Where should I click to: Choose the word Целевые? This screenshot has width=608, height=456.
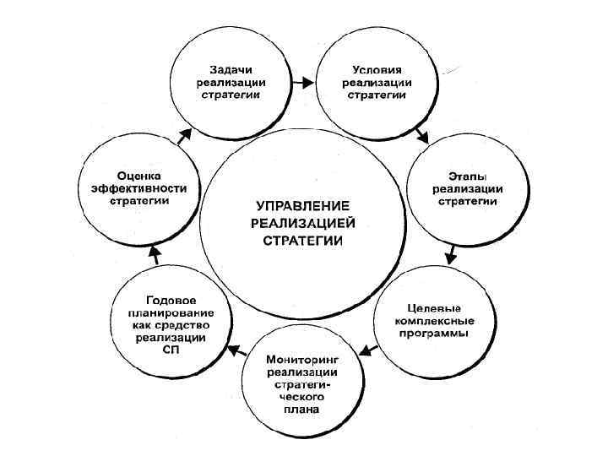coord(433,307)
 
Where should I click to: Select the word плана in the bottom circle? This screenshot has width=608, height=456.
coord(302,411)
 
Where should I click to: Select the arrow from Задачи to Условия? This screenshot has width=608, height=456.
coord(303,84)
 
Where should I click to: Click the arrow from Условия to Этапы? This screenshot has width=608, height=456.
coord(423,135)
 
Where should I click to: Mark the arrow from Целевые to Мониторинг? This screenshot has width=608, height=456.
coord(366,347)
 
